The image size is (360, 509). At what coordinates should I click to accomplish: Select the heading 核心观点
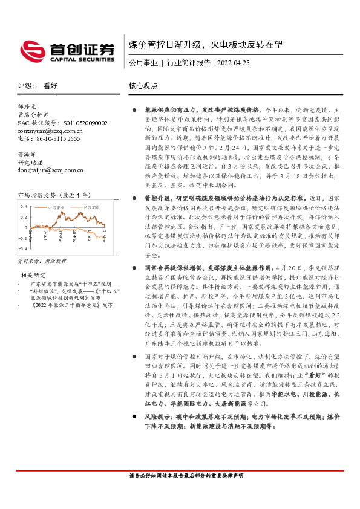coord(143,86)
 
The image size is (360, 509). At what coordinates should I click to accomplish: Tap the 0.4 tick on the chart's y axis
coord(24,206)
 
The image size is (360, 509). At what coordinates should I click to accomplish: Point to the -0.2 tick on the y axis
coord(23,239)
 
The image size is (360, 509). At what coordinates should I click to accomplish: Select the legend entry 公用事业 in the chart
coord(56,207)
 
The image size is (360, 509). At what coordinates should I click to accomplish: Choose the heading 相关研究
coord(31,275)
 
